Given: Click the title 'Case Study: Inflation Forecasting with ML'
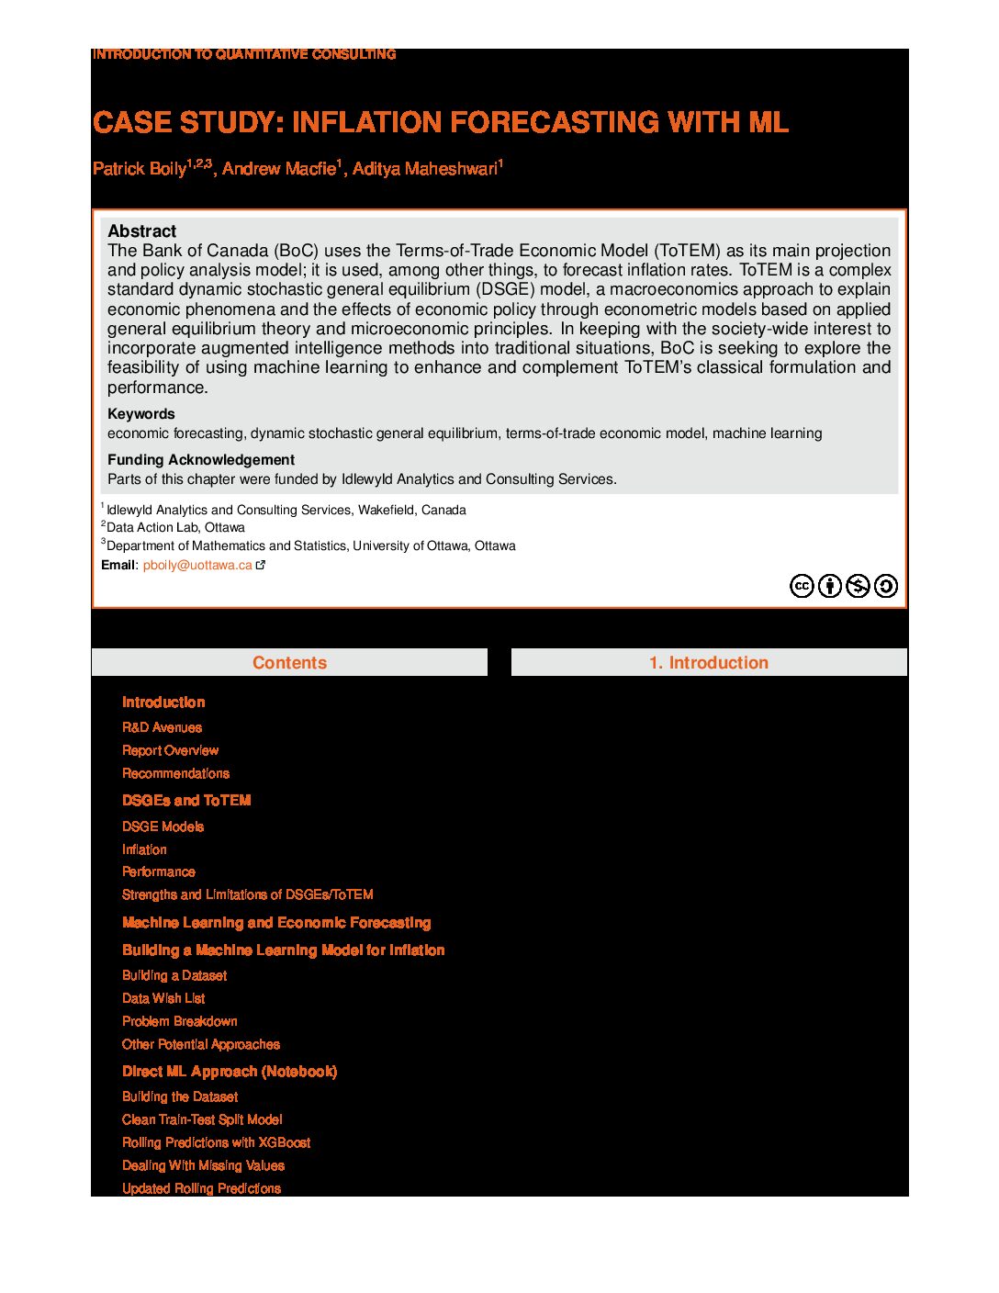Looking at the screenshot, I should click(x=440, y=122).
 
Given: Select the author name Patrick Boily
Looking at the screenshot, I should click(x=139, y=169).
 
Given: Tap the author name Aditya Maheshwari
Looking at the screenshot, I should click(x=424, y=169).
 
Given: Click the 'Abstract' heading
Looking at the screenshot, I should click(x=141, y=231).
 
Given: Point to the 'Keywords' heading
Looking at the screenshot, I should click(x=140, y=414).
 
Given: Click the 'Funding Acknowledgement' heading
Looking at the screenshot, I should click(x=200, y=460).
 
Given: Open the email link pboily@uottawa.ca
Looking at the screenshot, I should click(x=196, y=566).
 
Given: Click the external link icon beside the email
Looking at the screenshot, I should click(x=261, y=566).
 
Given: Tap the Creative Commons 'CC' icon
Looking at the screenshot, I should click(x=802, y=586).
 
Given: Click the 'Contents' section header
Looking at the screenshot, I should click(x=289, y=663).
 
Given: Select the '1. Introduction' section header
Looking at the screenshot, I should click(x=708, y=663).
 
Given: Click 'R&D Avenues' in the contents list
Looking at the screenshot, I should click(x=162, y=727).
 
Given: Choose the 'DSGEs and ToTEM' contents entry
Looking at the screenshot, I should click(x=186, y=801).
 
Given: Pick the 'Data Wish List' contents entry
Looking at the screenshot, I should click(x=163, y=998).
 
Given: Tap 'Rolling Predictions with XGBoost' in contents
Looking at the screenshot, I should click(x=216, y=1142).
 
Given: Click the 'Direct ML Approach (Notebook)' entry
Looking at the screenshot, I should click(x=230, y=1072).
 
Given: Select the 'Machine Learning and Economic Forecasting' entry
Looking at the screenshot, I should click(x=276, y=923).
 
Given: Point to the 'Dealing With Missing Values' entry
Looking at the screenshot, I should click(x=203, y=1165).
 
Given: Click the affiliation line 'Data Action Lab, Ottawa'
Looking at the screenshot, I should click(x=175, y=528).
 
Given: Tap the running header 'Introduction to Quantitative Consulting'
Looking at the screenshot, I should click(x=244, y=54).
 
